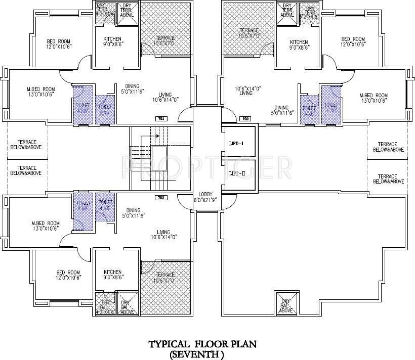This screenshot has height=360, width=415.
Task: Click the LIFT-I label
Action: tap(236, 144)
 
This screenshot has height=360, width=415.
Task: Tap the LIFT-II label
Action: tap(236, 173)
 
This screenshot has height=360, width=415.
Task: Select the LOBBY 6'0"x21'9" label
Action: tap(208, 196)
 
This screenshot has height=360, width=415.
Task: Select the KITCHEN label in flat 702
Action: tap(299, 44)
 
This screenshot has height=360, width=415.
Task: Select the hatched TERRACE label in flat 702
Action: tap(249, 33)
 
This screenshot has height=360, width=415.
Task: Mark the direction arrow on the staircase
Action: tap(157, 135)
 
